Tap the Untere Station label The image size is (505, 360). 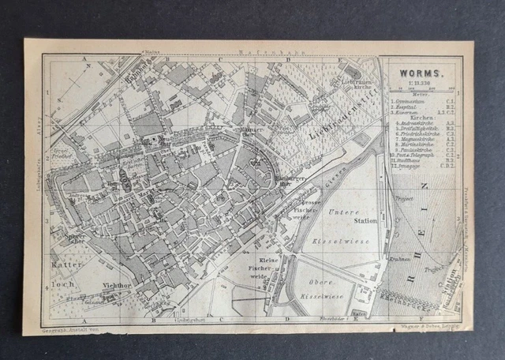click(x=342, y=216)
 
